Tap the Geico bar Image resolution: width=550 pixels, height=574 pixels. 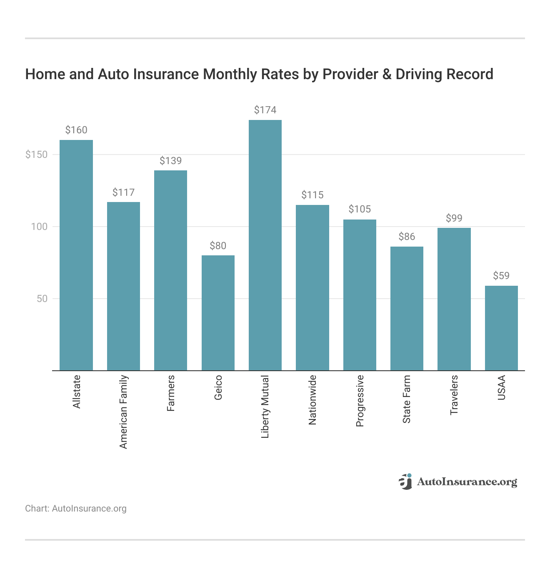(218, 313)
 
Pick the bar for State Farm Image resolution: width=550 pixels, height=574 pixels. (407, 308)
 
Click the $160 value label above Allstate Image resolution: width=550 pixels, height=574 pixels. (76, 130)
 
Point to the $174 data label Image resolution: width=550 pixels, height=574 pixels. (265, 110)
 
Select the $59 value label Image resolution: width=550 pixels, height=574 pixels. (501, 276)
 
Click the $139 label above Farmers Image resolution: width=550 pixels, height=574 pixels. (171, 161)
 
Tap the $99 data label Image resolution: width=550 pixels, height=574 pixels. (454, 218)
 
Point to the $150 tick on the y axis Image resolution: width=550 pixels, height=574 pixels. (37, 155)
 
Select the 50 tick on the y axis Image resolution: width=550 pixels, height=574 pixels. (42, 299)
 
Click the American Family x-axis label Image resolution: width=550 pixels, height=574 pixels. (123, 412)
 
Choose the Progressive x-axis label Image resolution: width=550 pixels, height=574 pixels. (360, 401)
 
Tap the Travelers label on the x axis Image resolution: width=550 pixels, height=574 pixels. (454, 394)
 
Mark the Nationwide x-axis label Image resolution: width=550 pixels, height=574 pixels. (312, 399)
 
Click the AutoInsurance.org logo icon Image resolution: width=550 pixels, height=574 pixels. (405, 482)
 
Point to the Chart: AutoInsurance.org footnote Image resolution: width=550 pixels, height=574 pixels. (76, 509)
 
